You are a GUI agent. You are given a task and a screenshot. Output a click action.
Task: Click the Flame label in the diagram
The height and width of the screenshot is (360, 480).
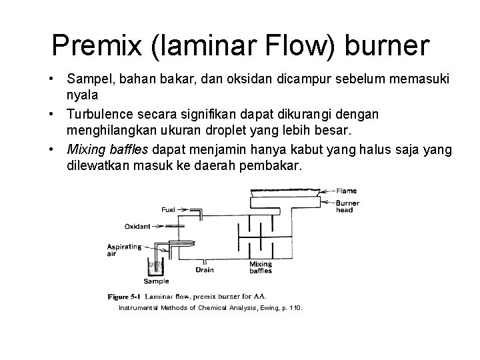(347, 192)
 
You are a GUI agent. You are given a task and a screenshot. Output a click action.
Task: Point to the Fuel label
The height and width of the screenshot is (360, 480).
(169, 209)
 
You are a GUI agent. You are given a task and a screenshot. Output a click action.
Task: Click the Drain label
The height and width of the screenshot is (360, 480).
(205, 269)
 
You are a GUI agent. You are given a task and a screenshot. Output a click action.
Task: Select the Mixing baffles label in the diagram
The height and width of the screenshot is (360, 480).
(261, 268)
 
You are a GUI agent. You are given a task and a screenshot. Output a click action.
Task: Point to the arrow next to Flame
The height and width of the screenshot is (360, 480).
(328, 192)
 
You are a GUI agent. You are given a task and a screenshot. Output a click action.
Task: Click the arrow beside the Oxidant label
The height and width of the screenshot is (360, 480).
(159, 225)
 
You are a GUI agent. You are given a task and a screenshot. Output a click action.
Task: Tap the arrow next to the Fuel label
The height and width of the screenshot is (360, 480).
(183, 209)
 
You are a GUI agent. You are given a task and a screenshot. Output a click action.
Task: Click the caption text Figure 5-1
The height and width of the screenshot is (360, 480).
(125, 295)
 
